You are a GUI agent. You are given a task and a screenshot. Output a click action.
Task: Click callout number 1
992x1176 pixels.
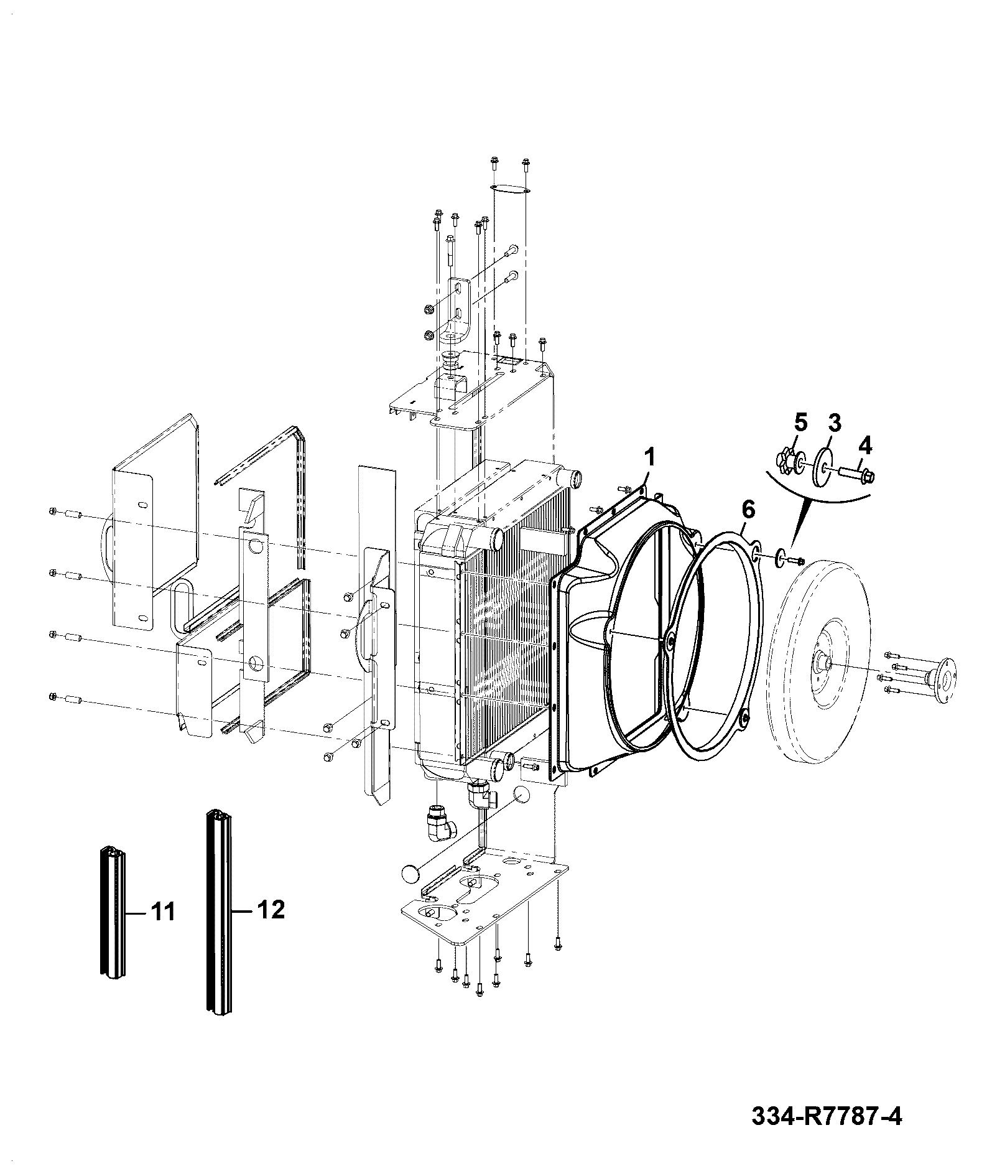pyautogui.click(x=649, y=458)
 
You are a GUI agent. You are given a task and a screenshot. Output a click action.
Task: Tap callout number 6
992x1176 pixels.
pyautogui.click(x=748, y=510)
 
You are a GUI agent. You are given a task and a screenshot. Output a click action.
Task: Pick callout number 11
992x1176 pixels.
pyautogui.click(x=162, y=913)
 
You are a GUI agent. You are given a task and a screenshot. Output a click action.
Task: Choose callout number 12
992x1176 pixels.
pyautogui.click(x=271, y=909)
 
